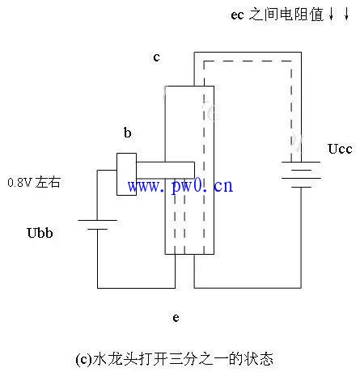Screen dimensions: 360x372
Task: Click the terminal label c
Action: pyautogui.click(x=156, y=57)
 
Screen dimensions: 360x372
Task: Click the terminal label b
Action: pyautogui.click(x=128, y=133)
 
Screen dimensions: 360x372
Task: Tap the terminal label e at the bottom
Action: pyautogui.click(x=176, y=318)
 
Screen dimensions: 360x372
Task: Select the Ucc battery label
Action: pyautogui.click(x=340, y=149)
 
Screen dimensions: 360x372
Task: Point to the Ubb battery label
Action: pyautogui.click(x=40, y=233)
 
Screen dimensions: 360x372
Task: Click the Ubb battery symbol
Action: pyautogui.click(x=97, y=225)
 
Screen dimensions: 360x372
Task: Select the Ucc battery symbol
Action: pyautogui.click(x=301, y=174)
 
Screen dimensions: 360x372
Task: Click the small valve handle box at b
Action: pyautogui.click(x=126, y=174)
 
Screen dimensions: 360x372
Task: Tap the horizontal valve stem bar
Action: pyautogui.click(x=166, y=170)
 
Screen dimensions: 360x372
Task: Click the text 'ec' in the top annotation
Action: pyautogui.click(x=237, y=15)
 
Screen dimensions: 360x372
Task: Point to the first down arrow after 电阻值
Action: pyautogui.click(x=331, y=14)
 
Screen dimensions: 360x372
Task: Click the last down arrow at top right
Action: pyautogui.click(x=346, y=14)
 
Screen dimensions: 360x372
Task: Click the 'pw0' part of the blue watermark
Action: pyautogui.click(x=186, y=186)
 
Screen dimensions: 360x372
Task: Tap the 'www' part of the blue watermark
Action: pyautogui.click(x=144, y=186)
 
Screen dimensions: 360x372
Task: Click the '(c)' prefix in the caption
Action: pyautogui.click(x=83, y=359)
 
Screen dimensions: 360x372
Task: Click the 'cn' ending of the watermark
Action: pyautogui.click(x=223, y=186)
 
